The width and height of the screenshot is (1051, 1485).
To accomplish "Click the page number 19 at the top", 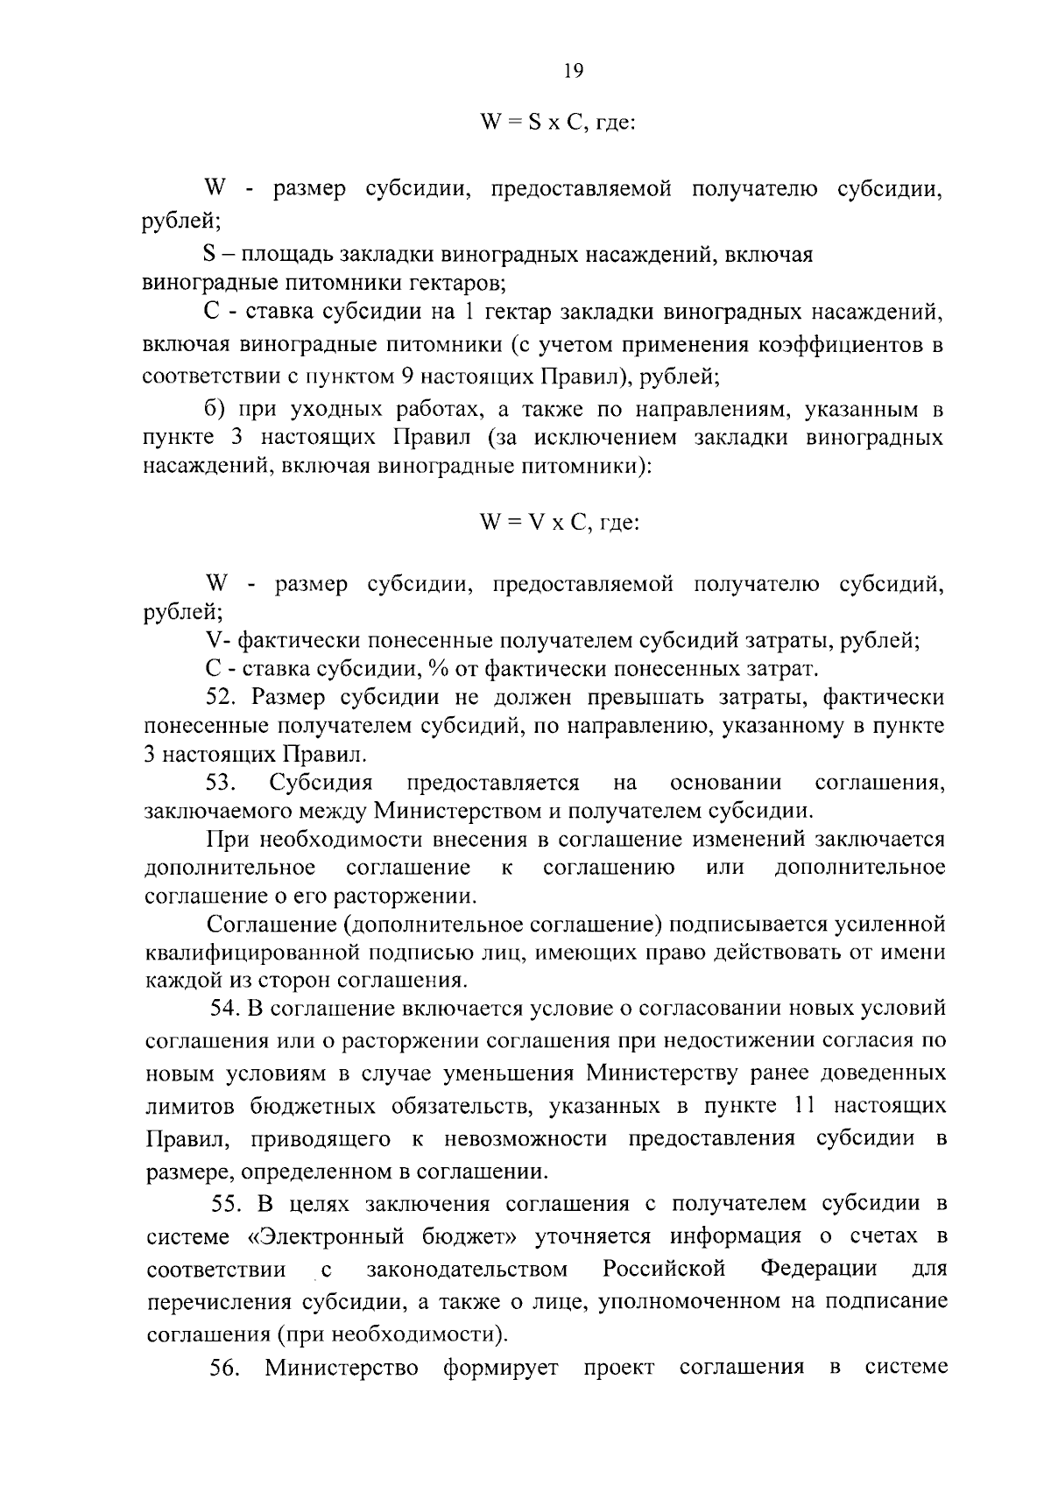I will pyautogui.click(x=573, y=72).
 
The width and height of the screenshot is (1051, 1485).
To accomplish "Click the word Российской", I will pyautogui.click(x=665, y=1269).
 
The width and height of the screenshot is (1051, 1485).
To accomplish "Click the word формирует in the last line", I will pyautogui.click(x=500, y=1368).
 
